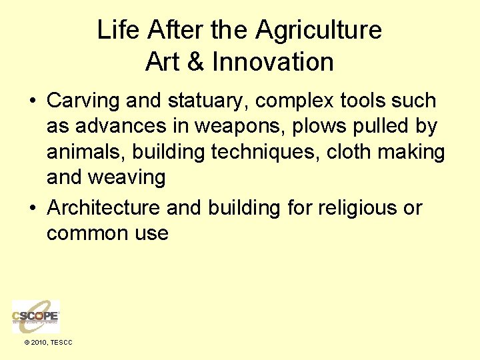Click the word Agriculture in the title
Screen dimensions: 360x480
pos(318,30)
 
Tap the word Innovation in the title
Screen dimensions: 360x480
pos(273,62)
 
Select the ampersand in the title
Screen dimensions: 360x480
pos(196,62)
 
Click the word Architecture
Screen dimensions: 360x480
pos(103,208)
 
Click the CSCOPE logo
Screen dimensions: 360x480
pos(35,316)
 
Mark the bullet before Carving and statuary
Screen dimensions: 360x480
pos(32,102)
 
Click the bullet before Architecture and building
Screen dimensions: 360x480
pos(32,209)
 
